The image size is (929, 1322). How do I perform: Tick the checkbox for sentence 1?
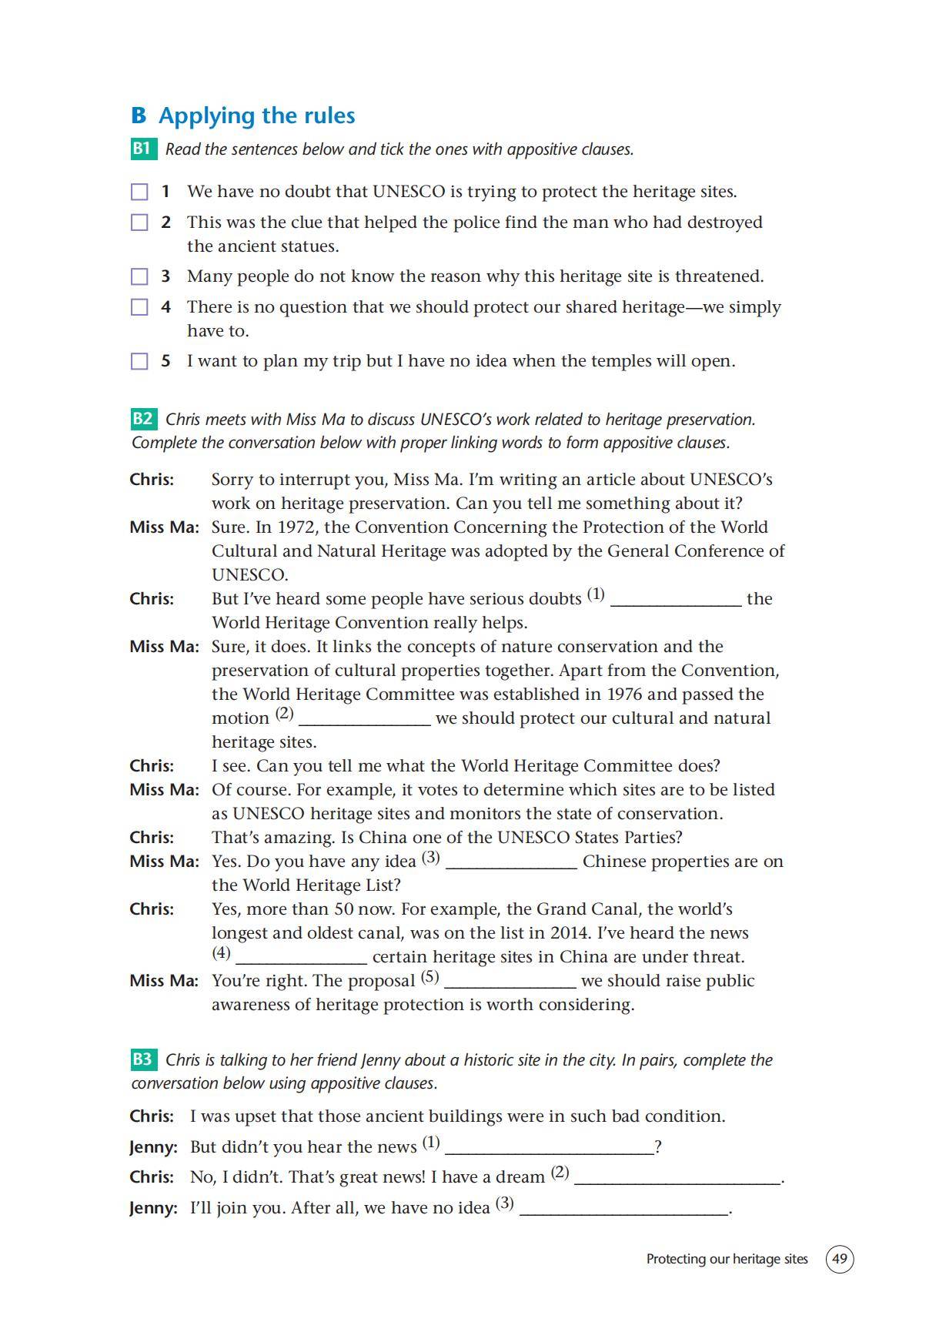point(139,192)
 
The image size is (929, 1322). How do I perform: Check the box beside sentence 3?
point(139,276)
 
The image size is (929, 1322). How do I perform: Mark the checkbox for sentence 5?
point(139,361)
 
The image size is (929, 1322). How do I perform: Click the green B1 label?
point(142,149)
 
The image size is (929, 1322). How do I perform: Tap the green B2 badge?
point(142,419)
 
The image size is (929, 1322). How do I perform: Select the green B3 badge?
point(142,1059)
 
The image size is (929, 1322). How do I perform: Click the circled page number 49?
point(840,1259)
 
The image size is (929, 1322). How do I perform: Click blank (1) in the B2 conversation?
point(675,601)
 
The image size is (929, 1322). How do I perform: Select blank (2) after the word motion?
point(364,720)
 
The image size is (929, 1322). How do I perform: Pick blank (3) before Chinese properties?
point(512,863)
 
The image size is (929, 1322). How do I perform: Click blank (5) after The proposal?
point(510,982)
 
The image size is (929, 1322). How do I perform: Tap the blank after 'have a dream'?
point(677,1179)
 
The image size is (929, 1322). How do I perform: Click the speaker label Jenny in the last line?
point(152,1208)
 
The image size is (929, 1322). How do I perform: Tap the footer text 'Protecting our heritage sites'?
point(727,1259)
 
